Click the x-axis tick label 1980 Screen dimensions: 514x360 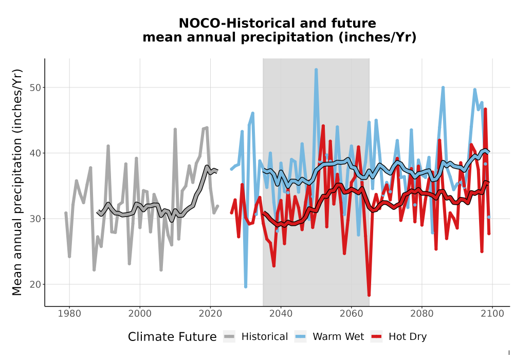tap(69, 313)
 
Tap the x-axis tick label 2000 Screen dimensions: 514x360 tap(140, 313)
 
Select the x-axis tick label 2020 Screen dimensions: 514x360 tap(210, 313)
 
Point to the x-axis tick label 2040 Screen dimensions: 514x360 tap(281, 313)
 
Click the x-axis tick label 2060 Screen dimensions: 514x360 tap(352, 313)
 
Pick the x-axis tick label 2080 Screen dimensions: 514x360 tap(422, 313)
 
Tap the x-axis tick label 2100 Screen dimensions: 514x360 tap(492, 313)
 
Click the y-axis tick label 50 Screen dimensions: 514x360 tap(35, 87)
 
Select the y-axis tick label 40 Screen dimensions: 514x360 tap(35, 153)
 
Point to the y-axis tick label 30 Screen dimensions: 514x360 tap(35, 219)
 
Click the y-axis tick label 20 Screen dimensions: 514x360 tap(35, 284)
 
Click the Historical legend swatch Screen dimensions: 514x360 tap(229, 336)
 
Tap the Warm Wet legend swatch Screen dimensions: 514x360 tap(300, 336)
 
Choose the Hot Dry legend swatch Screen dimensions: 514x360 tap(377, 336)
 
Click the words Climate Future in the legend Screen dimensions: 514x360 tap(172, 337)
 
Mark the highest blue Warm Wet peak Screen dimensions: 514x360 tap(316, 70)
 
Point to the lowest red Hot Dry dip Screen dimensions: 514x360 tap(369, 295)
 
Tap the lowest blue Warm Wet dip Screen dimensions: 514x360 tap(246, 286)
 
